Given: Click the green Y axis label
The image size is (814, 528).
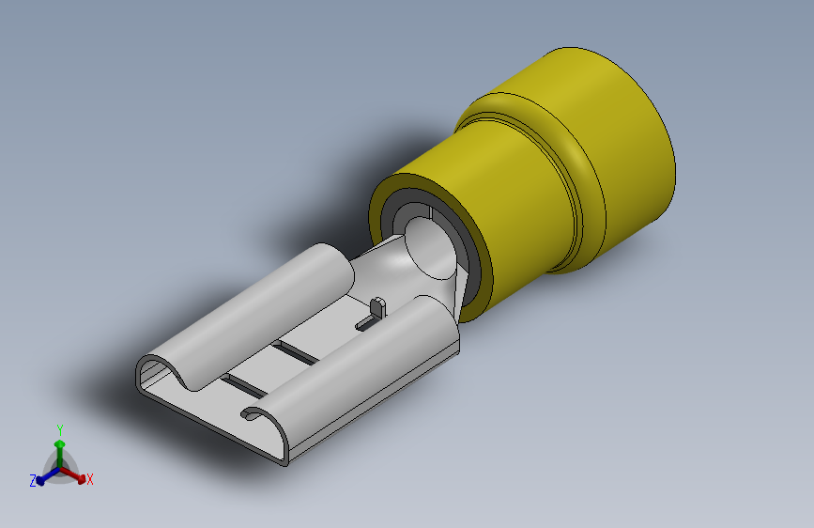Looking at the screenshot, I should point(60,429).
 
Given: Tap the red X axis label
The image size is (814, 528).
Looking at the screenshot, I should point(90,480).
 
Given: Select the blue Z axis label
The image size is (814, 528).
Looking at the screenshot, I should point(33,481).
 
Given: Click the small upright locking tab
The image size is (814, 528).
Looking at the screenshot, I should point(378,306).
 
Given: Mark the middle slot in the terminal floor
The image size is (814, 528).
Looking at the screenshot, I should point(296,351).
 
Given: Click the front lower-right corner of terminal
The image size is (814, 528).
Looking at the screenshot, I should point(283,461).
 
